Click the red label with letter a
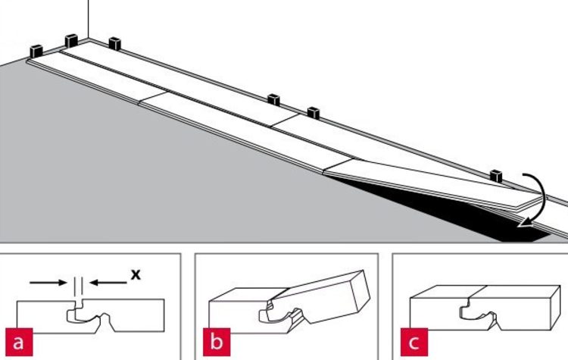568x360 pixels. coord(19,342)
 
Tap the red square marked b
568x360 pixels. coord(217,342)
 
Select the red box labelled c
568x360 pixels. coord(414,342)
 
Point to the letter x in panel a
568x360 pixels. coord(136,274)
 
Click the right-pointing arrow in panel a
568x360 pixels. coord(48,283)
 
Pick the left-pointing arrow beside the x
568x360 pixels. coord(108,283)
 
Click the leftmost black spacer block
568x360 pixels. coord(36,51)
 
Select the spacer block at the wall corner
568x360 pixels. coord(71,41)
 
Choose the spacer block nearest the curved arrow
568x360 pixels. coord(496,176)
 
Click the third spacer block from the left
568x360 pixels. coord(114,43)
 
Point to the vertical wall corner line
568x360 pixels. coord(88,20)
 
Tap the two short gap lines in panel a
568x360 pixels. coord(78,286)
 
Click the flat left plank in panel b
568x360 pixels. coord(239,310)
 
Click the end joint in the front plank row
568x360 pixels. coord(154,97)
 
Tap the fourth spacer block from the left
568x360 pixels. coord(274,99)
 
